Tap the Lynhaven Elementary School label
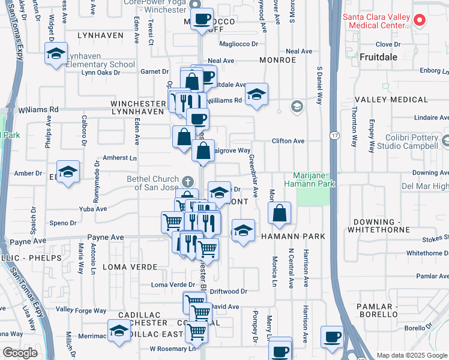[100, 64]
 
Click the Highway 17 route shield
[334, 136]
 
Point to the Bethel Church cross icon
[188, 180]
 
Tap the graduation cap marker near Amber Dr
[68, 172]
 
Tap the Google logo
[20, 353]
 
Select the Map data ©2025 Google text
[412, 355]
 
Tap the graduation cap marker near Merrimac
[119, 329]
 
